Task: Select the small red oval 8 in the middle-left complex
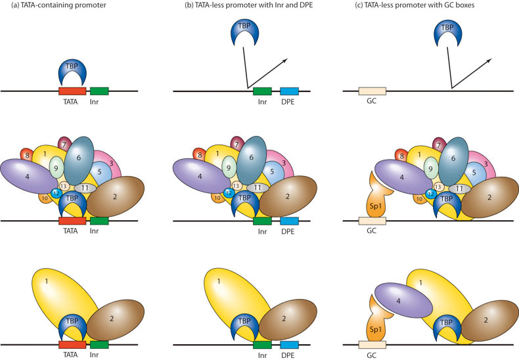27,155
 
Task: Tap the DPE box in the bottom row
290,345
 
